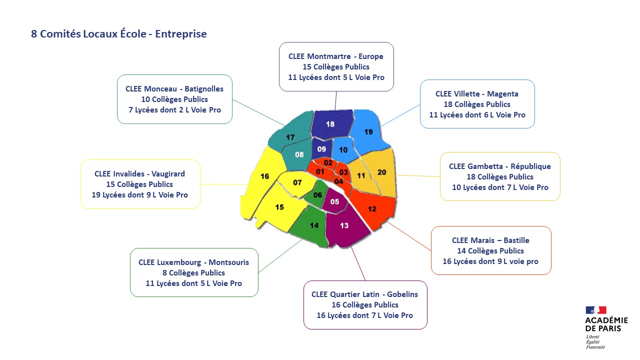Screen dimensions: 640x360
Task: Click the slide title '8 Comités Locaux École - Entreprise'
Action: click(x=119, y=33)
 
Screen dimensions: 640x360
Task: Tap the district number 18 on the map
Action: click(x=330, y=124)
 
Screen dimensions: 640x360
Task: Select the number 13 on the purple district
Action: click(x=344, y=225)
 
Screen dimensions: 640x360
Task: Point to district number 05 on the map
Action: click(x=334, y=201)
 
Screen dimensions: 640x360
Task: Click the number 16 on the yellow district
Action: click(x=264, y=176)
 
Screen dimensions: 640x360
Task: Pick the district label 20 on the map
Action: click(x=381, y=172)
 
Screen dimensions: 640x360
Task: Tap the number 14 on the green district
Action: click(x=314, y=225)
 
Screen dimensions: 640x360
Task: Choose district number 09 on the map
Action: click(x=321, y=149)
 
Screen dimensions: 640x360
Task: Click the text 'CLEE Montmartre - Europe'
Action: click(x=335, y=56)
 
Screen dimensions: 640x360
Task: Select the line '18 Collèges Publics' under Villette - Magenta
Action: click(x=477, y=104)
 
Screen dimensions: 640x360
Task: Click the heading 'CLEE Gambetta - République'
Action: click(x=499, y=166)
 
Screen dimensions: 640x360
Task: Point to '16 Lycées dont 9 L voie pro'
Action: click(x=490, y=261)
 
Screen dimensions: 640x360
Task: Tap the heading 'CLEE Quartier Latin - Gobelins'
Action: click(x=364, y=294)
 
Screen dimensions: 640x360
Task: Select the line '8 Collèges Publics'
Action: click(x=193, y=273)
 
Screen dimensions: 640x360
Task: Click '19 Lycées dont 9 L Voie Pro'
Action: click(x=139, y=195)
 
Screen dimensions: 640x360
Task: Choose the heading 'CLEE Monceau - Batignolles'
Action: click(x=174, y=89)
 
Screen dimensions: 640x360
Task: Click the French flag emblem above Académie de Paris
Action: click(x=595, y=310)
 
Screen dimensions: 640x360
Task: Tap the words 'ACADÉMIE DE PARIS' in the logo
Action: click(x=606, y=324)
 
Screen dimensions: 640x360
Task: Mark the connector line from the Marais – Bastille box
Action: click(x=409, y=236)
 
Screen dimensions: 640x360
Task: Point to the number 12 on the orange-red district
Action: click(x=372, y=209)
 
